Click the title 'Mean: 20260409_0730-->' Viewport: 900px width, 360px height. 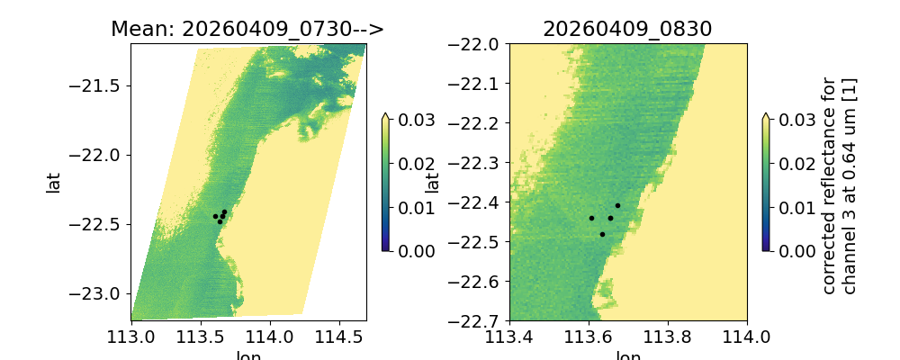(247, 29)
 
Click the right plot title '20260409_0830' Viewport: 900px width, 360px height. (627, 29)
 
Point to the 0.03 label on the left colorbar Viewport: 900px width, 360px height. (411, 120)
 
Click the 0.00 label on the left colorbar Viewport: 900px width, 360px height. (411, 250)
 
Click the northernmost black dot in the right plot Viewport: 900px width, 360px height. (617, 205)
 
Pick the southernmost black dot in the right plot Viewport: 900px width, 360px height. (602, 234)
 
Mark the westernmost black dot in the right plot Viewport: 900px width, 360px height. (591, 218)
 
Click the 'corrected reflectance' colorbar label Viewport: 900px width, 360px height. (838, 184)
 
